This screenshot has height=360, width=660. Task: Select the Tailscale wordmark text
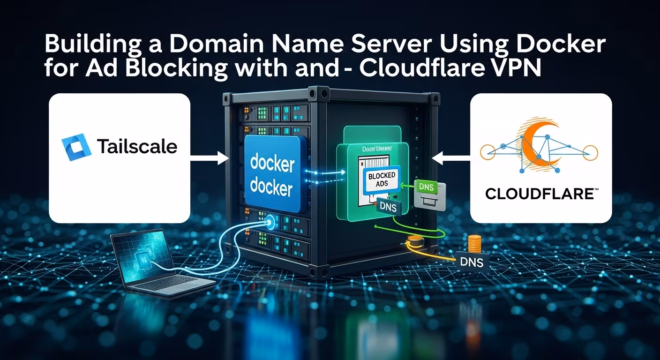point(137,147)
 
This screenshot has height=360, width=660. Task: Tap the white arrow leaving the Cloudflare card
point(450,159)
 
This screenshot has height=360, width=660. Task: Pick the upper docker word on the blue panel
point(272,165)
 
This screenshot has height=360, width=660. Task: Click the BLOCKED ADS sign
point(382,179)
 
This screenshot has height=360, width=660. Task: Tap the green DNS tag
point(426,187)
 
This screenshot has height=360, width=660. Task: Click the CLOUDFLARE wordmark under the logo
point(540,193)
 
